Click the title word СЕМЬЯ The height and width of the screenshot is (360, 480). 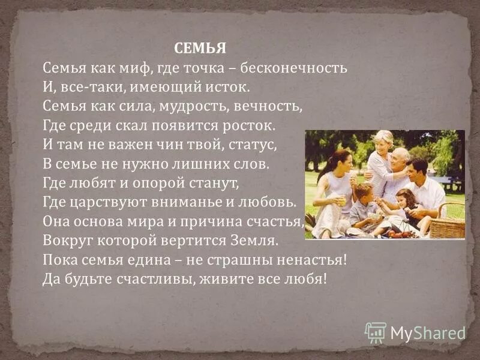[x=200, y=48]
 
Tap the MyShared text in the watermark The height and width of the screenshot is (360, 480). [x=428, y=333]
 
